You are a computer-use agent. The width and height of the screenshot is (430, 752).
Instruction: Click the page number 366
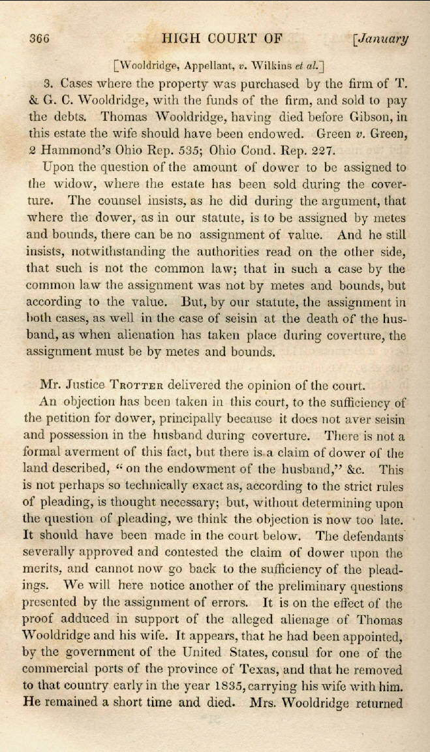[38, 38]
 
